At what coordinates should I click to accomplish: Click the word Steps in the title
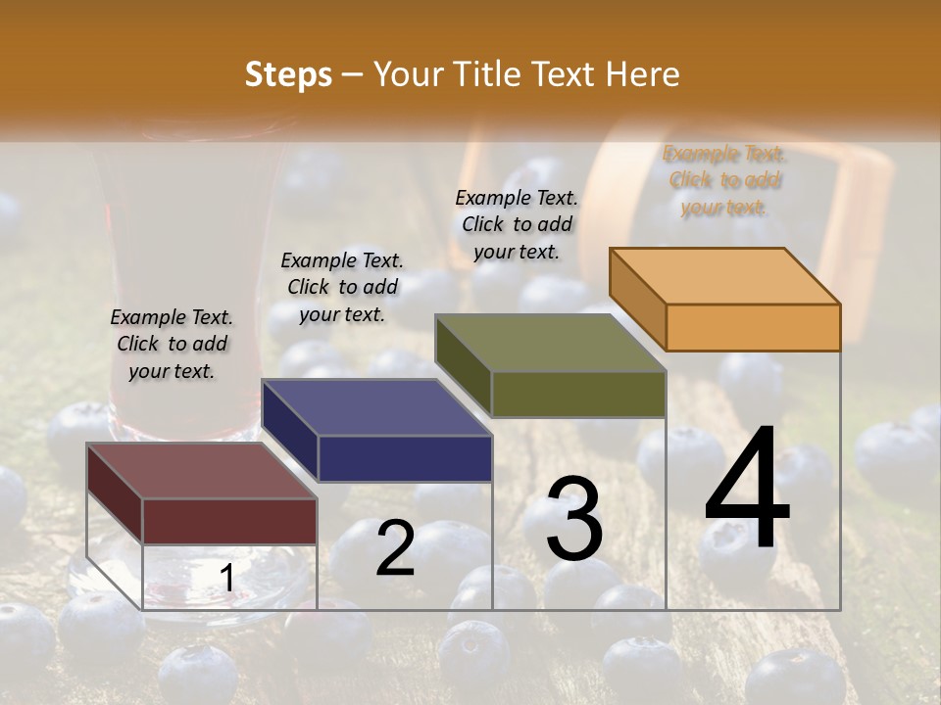point(288,75)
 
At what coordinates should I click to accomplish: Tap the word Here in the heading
point(641,75)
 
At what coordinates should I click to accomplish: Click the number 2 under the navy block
point(395,548)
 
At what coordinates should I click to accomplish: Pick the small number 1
point(226,580)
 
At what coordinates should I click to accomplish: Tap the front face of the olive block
point(578,395)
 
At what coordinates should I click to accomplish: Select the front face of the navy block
point(405,458)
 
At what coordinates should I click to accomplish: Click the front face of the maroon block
point(230,521)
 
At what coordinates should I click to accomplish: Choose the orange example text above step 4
point(724,180)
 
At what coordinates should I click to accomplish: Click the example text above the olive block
point(517,224)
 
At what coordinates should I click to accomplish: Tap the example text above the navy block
point(342,287)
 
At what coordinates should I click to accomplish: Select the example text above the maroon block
point(172,344)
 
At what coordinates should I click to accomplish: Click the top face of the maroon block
point(202,471)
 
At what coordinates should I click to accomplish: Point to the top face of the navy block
point(376,407)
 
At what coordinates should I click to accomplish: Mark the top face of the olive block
point(551,344)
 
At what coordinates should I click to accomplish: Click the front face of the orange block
point(753,327)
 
